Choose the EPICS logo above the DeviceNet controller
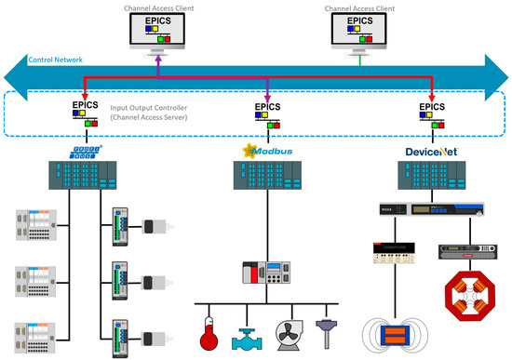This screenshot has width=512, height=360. point(431,113)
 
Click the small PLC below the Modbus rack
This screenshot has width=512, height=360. point(268,274)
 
